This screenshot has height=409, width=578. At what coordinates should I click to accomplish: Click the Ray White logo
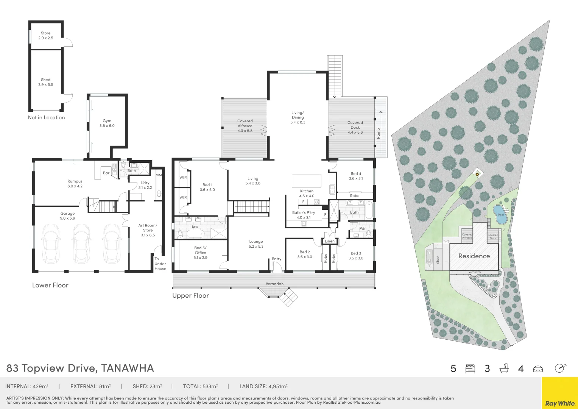coord(560,403)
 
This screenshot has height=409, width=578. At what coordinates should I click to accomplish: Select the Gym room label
coord(107,123)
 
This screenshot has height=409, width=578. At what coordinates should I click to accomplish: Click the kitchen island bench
coord(306,180)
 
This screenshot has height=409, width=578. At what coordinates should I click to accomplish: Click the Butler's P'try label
coord(304,215)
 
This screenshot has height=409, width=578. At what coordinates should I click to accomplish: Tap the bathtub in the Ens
coord(195,233)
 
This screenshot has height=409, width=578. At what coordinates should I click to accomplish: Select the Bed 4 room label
coord(356,176)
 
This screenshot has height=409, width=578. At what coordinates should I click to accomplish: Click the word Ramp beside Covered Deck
coord(378,133)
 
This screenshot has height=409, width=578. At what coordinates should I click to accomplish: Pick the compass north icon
coord(560,368)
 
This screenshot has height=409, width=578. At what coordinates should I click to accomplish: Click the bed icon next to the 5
coord(470,368)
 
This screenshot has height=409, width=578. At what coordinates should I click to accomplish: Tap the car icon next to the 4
coord(538,368)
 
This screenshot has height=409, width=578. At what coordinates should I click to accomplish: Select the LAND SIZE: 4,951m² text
coord(263,386)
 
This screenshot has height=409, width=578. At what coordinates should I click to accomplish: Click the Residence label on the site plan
coord(474,256)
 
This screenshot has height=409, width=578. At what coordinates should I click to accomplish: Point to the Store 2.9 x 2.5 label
coord(45,36)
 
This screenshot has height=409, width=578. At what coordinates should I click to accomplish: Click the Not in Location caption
coord(46,117)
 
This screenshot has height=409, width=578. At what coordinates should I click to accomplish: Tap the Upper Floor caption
coord(190,295)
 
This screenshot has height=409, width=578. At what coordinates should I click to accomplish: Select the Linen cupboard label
coord(330,241)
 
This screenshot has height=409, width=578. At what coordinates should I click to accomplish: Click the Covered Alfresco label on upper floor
coord(245,126)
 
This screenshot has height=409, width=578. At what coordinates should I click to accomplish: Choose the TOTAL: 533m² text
coord(200,386)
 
